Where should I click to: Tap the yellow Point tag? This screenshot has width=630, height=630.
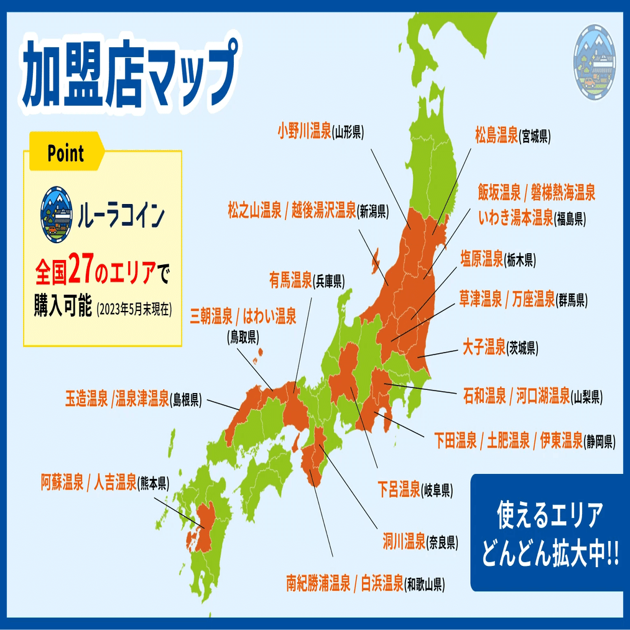65,152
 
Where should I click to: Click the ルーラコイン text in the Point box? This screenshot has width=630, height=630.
122,216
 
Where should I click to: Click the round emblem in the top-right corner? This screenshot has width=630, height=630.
594,62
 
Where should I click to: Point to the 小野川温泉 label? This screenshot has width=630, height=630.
304,132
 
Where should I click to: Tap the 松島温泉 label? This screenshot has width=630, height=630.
496,136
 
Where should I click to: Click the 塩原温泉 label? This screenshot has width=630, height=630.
481,259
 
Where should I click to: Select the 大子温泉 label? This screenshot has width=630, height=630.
484,346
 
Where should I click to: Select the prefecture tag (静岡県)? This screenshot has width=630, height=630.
600,442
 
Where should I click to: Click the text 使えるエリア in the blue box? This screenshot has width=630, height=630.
549,516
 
